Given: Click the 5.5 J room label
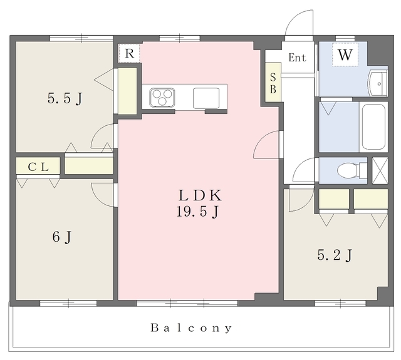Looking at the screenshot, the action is [x=65, y=98].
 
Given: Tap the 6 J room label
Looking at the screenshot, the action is [x=61, y=237].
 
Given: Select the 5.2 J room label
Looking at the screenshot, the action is [x=335, y=255].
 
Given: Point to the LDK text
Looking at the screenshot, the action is [x=200, y=195].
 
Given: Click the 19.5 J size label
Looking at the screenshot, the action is [x=198, y=212].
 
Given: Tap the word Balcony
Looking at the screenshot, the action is [x=191, y=328].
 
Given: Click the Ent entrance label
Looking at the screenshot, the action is [x=297, y=58].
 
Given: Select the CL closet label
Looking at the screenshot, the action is [x=38, y=167].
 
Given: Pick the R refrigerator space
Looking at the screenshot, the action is [x=130, y=53].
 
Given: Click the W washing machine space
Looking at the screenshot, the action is [x=345, y=54].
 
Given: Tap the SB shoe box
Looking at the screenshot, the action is [x=273, y=83].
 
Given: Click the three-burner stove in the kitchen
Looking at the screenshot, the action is [x=162, y=97].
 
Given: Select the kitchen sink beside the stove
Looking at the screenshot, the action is [x=206, y=98].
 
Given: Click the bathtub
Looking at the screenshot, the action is [x=373, y=127].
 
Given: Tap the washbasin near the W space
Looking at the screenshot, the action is [x=378, y=83].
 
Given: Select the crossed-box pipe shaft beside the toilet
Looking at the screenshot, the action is [x=380, y=170].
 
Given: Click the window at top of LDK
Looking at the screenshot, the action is [x=180, y=39].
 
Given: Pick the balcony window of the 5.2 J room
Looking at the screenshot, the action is [x=340, y=303].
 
